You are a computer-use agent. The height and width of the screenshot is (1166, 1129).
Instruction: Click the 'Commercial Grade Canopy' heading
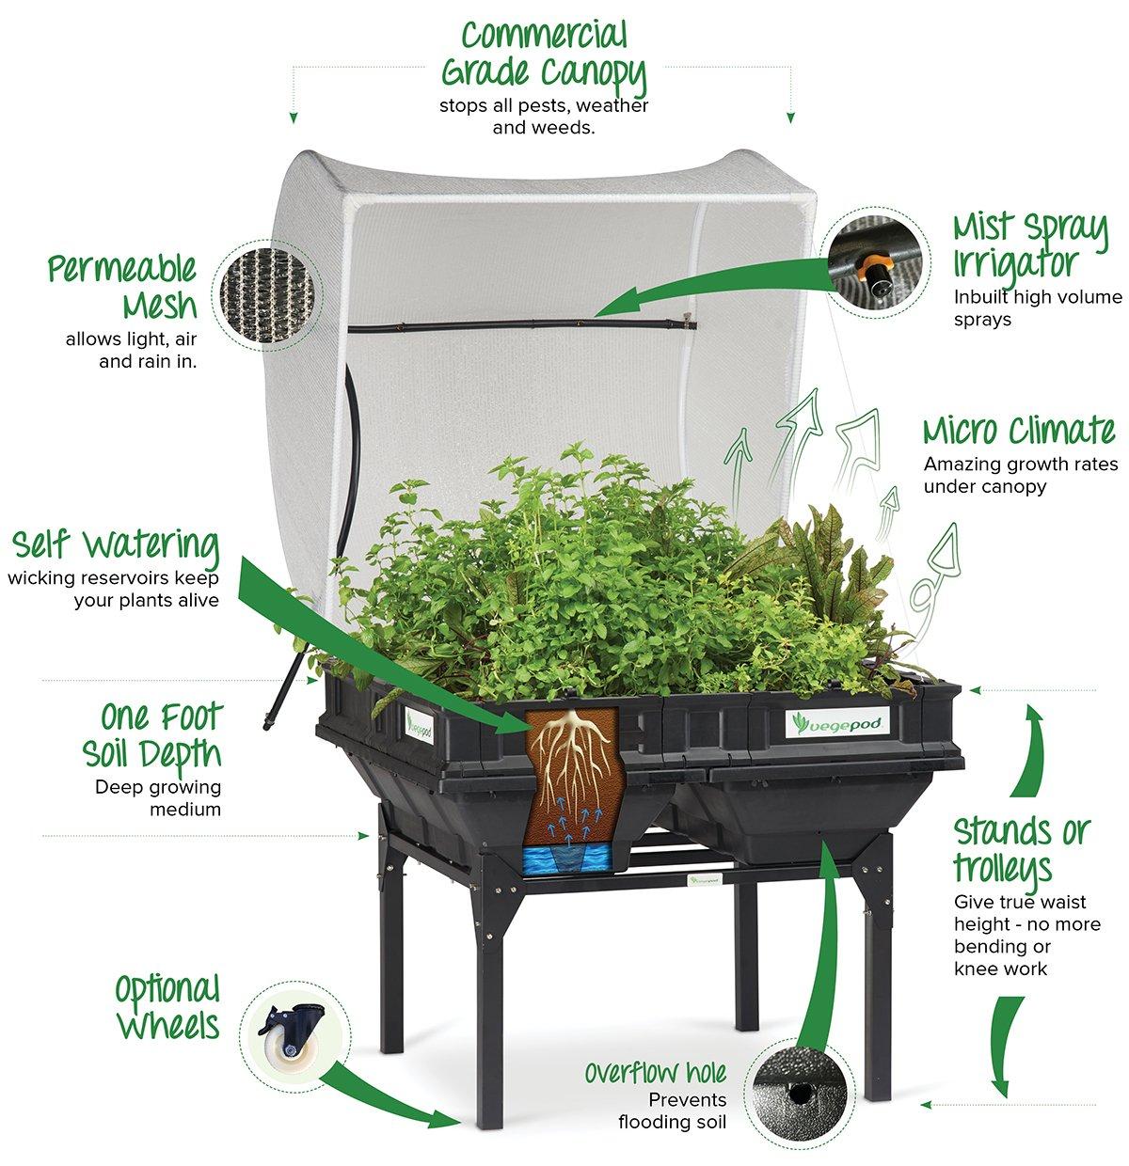[544, 54]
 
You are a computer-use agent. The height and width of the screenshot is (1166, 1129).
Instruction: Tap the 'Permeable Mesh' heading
[123, 287]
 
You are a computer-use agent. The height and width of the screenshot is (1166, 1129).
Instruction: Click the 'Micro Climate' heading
[1019, 431]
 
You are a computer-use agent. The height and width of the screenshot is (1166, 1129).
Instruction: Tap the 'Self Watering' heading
[116, 545]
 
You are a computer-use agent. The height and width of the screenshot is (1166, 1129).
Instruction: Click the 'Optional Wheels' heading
[167, 1007]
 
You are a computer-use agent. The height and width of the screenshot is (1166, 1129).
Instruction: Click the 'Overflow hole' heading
[655, 1073]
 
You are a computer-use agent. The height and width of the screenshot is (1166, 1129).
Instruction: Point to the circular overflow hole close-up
[800, 1094]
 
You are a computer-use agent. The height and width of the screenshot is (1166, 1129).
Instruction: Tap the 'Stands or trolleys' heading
[1021, 850]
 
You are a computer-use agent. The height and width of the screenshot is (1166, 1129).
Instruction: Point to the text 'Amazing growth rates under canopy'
[1020, 475]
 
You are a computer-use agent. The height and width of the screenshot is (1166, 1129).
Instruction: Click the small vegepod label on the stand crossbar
[705, 881]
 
